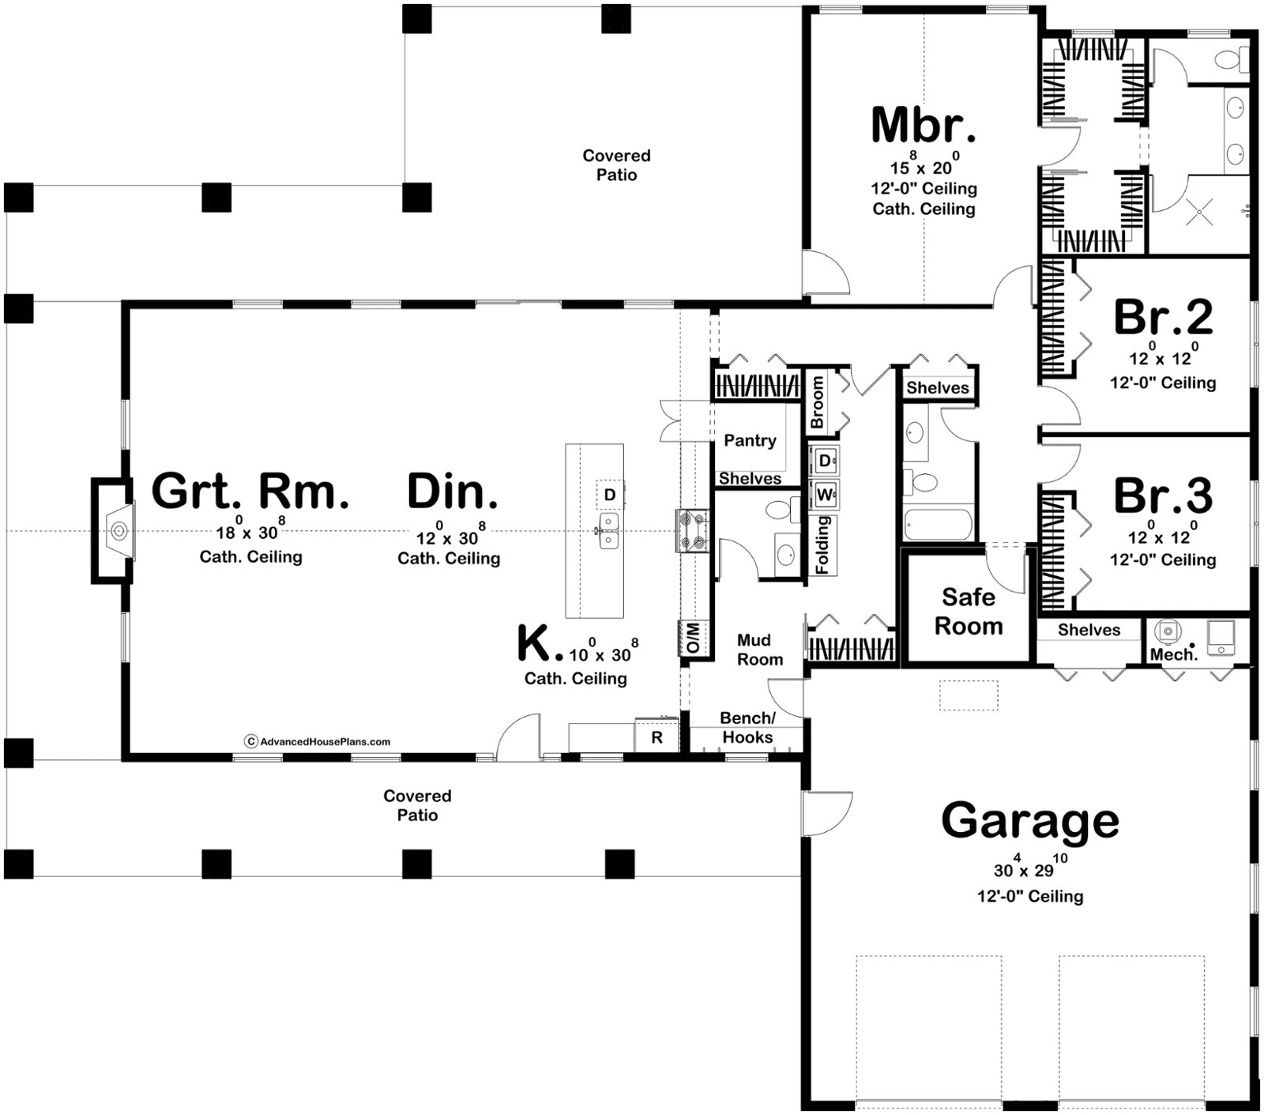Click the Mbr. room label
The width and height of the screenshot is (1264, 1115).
point(924,125)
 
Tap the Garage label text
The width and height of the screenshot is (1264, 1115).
point(1030,820)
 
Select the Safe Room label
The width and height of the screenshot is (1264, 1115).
point(969,612)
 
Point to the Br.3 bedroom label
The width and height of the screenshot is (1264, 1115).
point(1163,495)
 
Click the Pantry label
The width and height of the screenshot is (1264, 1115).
point(750,441)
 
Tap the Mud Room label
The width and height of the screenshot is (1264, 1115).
point(760,650)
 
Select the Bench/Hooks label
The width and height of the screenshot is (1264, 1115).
point(747,728)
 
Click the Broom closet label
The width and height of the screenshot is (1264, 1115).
point(818,401)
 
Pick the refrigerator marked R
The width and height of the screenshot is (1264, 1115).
point(656,737)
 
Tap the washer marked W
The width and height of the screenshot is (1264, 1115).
point(825,495)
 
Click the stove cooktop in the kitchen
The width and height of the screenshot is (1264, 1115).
point(692,531)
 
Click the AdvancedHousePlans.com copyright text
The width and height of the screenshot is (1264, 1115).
point(318,741)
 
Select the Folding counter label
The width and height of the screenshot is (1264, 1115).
point(823,544)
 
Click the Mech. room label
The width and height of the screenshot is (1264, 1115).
point(1174,654)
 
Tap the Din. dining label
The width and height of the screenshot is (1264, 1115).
point(452,491)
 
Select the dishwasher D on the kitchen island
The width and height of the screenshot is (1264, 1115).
point(609,495)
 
